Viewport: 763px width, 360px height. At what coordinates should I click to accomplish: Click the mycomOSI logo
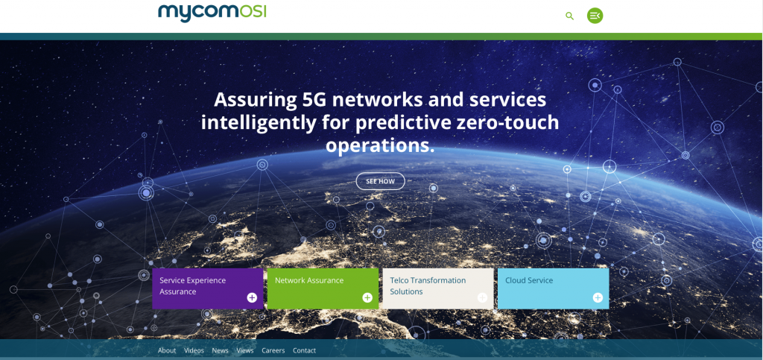[x=212, y=13]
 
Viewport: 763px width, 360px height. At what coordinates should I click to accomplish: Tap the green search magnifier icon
[x=569, y=16]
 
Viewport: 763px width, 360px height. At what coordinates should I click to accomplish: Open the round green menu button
[x=595, y=16]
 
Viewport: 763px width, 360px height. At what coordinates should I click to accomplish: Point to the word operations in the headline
[x=379, y=145]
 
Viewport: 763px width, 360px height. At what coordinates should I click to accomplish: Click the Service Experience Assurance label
[x=193, y=286]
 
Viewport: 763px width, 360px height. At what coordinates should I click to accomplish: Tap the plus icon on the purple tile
[x=252, y=297]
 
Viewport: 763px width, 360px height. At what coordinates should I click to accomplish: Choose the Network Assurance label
[x=309, y=280]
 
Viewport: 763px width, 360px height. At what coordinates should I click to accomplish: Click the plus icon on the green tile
[x=367, y=297]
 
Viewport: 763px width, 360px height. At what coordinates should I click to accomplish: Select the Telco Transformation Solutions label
[x=428, y=286]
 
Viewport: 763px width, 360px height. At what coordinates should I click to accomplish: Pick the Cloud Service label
[x=529, y=280]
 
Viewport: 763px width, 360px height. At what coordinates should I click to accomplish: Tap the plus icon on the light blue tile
[x=598, y=297]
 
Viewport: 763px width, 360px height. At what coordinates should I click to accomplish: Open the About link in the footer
[x=167, y=350]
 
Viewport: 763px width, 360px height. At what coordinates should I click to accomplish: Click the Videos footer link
[x=194, y=350]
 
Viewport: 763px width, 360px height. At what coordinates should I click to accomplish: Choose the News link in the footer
[x=220, y=350]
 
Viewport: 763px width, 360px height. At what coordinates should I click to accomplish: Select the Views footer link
[x=245, y=350]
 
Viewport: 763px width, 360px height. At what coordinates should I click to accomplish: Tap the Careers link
[x=273, y=350]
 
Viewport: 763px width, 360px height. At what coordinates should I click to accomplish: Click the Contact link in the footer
[x=304, y=350]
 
